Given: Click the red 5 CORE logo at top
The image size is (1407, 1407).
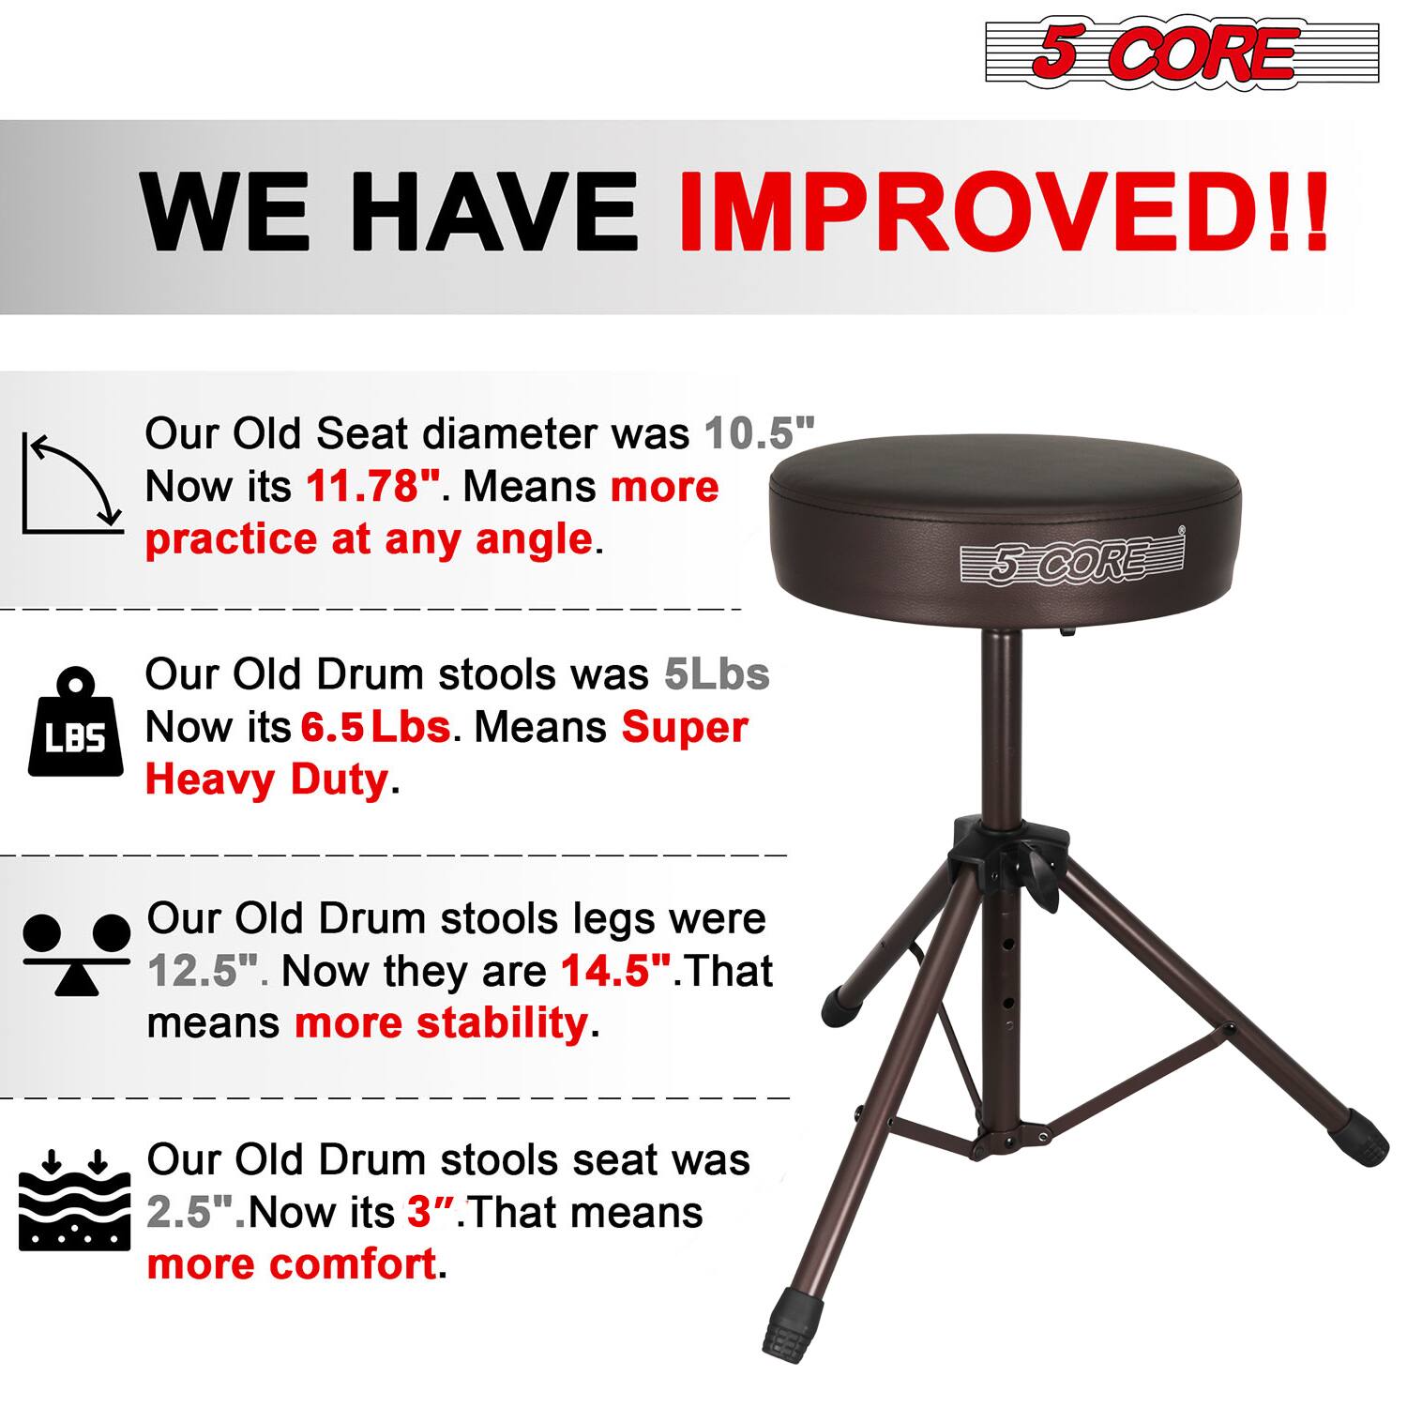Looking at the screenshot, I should click(x=1182, y=52).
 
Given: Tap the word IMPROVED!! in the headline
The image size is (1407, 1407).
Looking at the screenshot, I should click(x=1002, y=212).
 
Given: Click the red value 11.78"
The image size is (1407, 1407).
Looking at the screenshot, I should click(x=373, y=486).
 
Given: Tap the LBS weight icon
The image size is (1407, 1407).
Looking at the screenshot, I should click(x=75, y=723).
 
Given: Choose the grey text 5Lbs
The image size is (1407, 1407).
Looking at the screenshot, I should click(x=717, y=674).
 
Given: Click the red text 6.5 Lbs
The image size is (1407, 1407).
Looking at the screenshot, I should click(x=375, y=727).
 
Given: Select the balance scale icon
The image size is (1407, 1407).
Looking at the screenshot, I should click(x=77, y=952).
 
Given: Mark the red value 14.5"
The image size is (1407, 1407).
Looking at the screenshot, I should click(x=616, y=971).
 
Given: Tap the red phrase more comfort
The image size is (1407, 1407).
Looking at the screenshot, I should click(x=292, y=1264).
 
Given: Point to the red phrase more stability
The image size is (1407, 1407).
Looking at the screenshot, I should click(x=441, y=1022).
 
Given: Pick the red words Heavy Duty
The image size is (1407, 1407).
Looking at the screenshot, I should click(x=266, y=779).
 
